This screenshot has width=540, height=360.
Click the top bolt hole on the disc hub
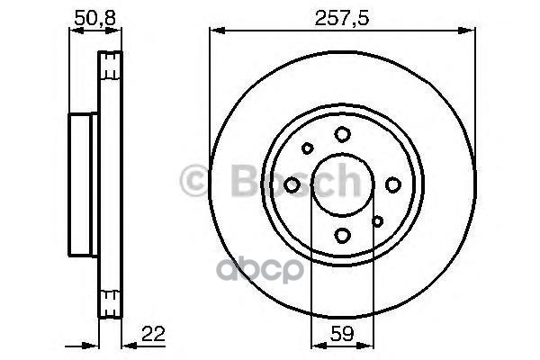pyautogui.click(x=342, y=134)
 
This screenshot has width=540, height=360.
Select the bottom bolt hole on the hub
pyautogui.click(x=342, y=235)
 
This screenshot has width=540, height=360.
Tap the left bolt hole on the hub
pyautogui.click(x=292, y=184)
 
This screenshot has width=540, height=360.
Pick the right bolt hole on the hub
pyautogui.click(x=392, y=184)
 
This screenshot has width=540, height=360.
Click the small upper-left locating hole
pyautogui.click(x=307, y=149)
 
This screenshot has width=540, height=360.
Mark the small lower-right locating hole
pyautogui.click(x=378, y=220)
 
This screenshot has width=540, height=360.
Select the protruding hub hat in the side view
pyautogui.click(x=81, y=184)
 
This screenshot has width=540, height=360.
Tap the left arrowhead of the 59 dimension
pyautogui.click(x=315, y=344)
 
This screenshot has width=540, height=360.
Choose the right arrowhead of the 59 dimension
pyautogui.click(x=369, y=344)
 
